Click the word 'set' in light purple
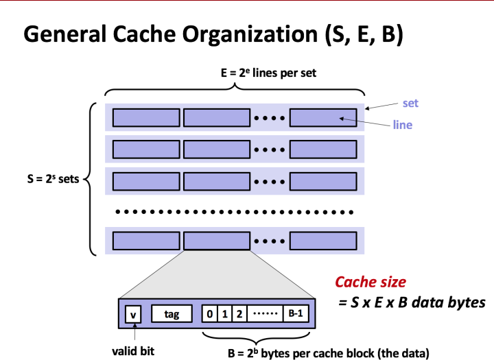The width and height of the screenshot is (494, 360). pyautogui.click(x=410, y=104)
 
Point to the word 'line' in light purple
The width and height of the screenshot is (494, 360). pyautogui.click(x=402, y=125)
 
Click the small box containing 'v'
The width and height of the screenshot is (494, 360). pyautogui.click(x=133, y=315)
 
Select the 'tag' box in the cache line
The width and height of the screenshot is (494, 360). pyautogui.click(x=172, y=315)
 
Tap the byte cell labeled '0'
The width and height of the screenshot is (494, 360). pyautogui.click(x=209, y=315)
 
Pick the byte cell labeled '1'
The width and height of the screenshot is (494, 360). pyautogui.click(x=224, y=315)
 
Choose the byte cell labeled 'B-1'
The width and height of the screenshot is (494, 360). pyautogui.click(x=296, y=315)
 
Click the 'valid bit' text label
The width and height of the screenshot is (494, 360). pyautogui.click(x=134, y=350)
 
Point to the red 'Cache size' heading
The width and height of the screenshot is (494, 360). pyautogui.click(x=370, y=282)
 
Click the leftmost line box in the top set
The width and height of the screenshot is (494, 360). pyautogui.click(x=145, y=117)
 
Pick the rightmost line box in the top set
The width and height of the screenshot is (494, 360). pyautogui.click(x=323, y=117)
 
